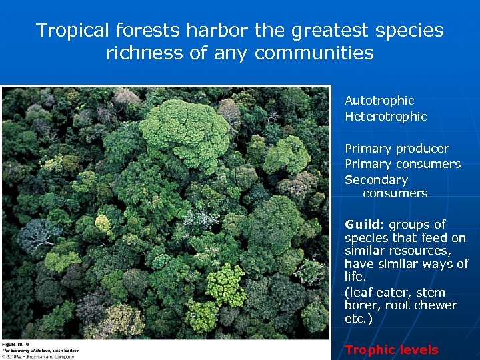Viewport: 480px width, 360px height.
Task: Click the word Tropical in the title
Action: coord(73,31)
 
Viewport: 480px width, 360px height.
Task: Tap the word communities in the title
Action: coord(314,53)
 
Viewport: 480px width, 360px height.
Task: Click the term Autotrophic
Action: coord(379,101)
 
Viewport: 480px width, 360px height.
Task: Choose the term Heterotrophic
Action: coord(385,117)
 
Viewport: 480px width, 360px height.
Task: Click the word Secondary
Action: coord(376,180)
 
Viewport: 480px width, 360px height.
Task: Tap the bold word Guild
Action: coord(363,225)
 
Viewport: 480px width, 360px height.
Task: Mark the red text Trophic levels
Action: coord(391,350)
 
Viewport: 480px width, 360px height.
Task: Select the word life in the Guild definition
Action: coord(353,277)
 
